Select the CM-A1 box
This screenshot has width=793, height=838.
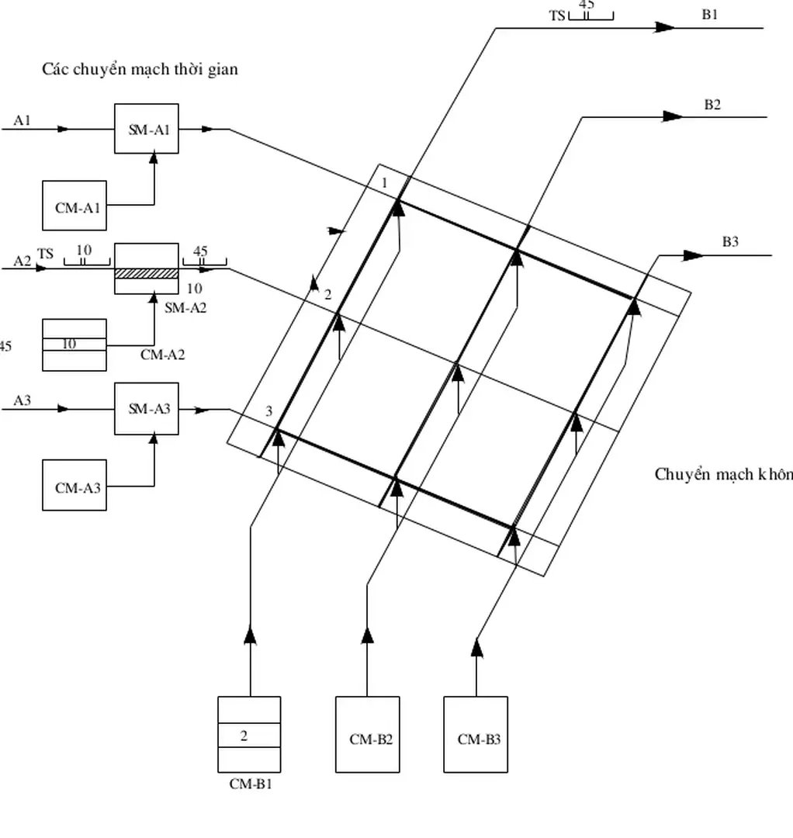[74, 206]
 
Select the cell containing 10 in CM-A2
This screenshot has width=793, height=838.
[74, 344]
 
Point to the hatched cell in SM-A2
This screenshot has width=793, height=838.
[147, 273]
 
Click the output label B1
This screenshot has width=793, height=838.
[710, 15]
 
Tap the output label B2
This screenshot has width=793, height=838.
[712, 105]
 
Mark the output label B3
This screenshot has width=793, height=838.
[730, 242]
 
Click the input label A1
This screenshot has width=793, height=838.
[23, 119]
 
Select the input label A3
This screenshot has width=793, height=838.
[23, 400]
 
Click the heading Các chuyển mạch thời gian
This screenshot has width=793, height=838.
[140, 69]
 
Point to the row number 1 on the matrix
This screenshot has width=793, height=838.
[383, 182]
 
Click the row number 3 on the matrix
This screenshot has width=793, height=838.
[269, 411]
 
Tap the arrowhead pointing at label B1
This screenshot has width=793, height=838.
[664, 28]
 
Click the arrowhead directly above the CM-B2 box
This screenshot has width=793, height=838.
[368, 635]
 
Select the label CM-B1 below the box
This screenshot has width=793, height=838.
[251, 784]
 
